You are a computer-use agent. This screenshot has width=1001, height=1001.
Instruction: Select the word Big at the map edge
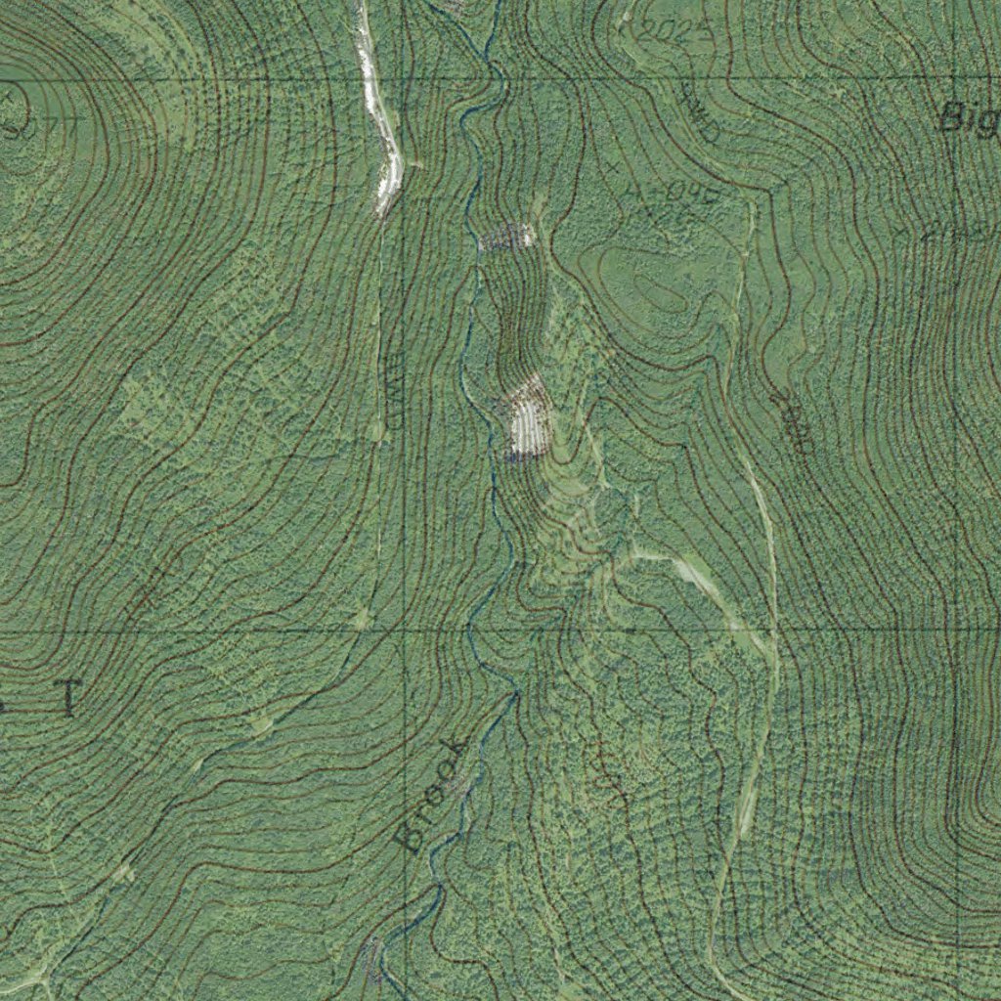pos(968,118)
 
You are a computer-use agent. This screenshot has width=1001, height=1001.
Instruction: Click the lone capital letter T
pos(67,698)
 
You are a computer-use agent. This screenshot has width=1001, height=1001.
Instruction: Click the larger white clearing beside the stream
pos(528,418)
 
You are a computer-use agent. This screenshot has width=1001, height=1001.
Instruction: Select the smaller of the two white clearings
pos(508,237)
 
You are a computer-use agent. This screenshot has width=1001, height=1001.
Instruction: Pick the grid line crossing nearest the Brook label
pos(404,631)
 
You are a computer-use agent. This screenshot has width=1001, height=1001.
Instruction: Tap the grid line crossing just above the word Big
pos(957,78)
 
